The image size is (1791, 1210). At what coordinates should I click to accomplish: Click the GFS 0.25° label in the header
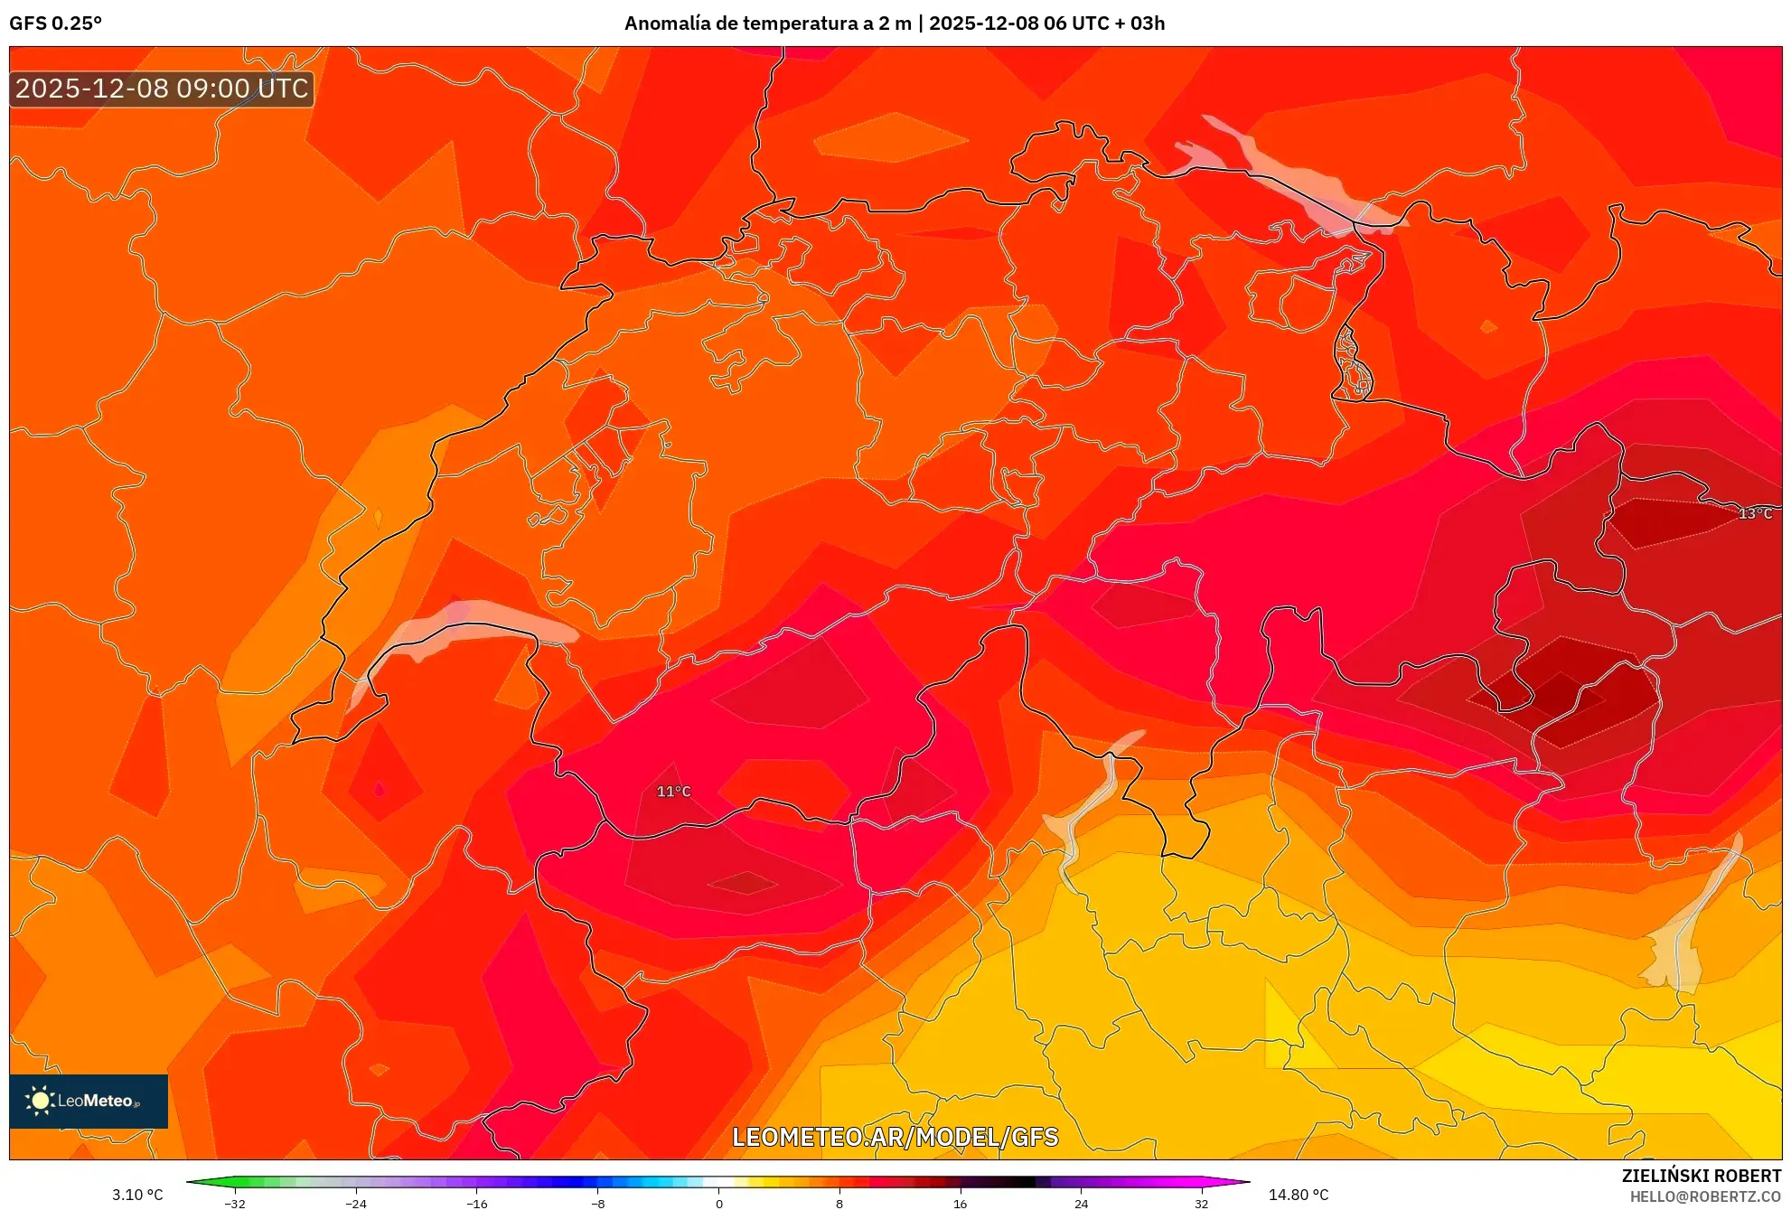click(x=56, y=23)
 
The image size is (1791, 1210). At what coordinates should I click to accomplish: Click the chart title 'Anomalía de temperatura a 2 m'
click(x=767, y=23)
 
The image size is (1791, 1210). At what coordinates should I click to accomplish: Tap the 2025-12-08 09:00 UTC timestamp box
click(x=162, y=89)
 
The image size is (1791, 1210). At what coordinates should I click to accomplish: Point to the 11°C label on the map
click(x=673, y=792)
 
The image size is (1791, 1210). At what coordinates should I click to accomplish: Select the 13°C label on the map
click(x=1755, y=513)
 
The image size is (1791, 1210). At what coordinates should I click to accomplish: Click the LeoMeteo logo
click(x=89, y=1101)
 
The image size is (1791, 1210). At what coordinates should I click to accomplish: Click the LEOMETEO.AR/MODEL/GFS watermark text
click(x=895, y=1137)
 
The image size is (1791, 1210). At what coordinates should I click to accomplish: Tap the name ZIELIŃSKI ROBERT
click(x=1701, y=1176)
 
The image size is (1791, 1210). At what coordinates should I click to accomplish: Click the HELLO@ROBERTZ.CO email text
click(x=1704, y=1196)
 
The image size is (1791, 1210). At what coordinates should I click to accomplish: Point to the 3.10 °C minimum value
click(x=137, y=1195)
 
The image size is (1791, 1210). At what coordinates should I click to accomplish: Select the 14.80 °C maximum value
click(x=1298, y=1195)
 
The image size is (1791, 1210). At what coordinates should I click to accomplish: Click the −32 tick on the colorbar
click(x=235, y=1203)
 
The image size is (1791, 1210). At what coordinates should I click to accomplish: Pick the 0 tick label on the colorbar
click(x=718, y=1203)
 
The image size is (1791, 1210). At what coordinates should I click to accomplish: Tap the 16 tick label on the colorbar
click(x=960, y=1203)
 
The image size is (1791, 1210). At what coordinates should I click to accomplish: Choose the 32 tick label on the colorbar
click(x=1201, y=1203)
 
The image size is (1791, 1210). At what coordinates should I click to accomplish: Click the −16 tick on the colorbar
click(x=476, y=1203)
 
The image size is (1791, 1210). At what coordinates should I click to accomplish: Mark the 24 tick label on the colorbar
click(x=1081, y=1203)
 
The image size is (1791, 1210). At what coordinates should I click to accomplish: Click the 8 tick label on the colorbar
click(x=839, y=1203)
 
